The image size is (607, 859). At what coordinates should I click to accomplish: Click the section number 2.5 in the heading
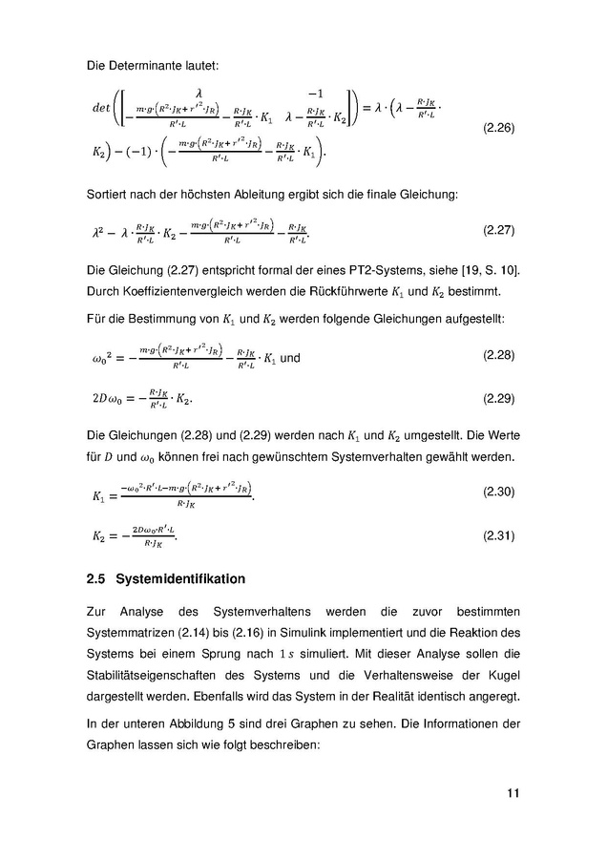point(94,579)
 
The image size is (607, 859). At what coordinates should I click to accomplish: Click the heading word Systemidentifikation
point(180,579)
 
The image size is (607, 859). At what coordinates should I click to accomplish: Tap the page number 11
point(513,792)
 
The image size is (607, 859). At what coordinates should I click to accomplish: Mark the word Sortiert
point(109,195)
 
